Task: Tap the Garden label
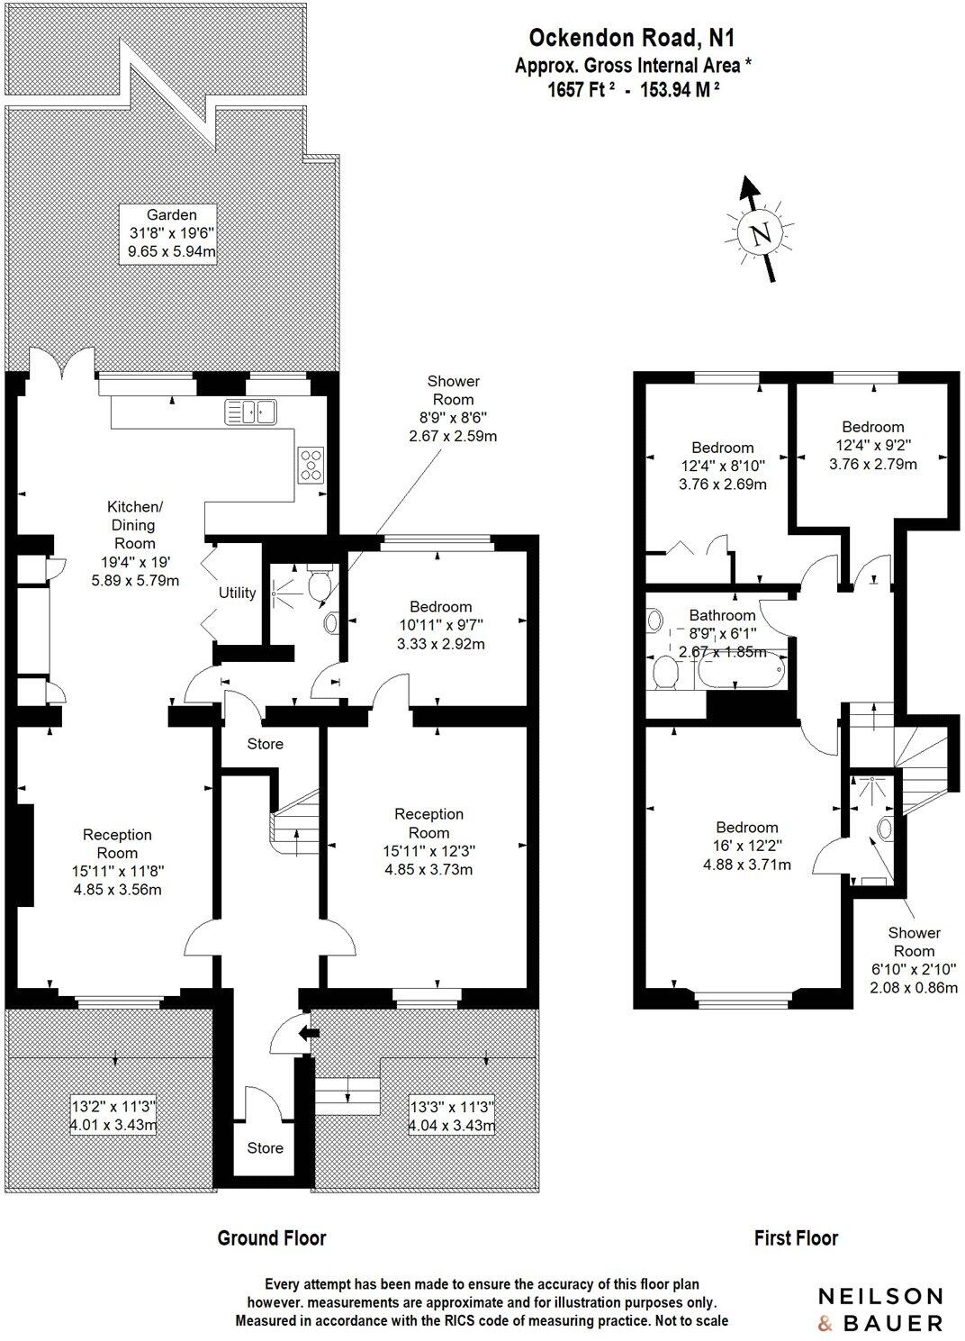pos(172,233)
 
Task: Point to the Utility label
pos(237,593)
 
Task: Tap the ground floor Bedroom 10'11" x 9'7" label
pos(440,625)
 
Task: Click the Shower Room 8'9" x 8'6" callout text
pos(453,408)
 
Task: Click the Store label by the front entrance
pos(265,1147)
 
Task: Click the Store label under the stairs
pos(265,744)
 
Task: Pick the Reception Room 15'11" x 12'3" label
pos(429,841)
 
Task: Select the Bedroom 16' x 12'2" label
pos(746,846)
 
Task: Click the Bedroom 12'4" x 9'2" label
pos(872,446)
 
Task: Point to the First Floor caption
pos(796,1238)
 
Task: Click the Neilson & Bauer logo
pos(879,1309)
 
